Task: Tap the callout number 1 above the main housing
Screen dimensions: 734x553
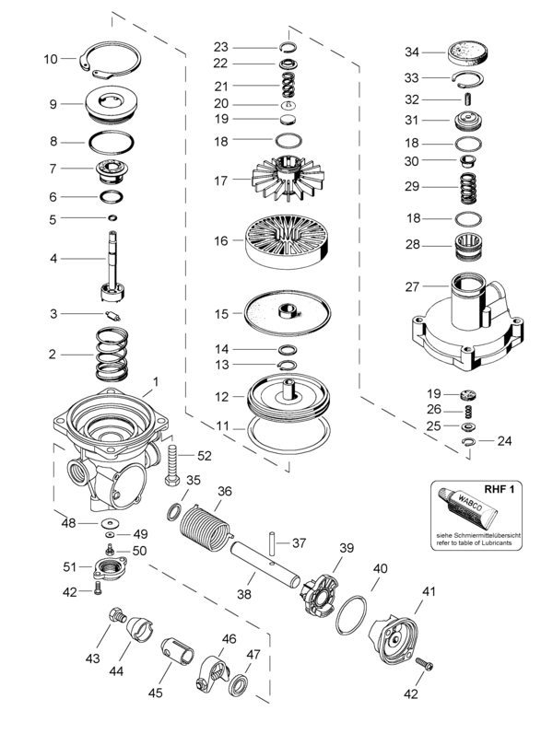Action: (x=156, y=380)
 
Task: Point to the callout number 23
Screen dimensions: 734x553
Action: (x=220, y=47)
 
